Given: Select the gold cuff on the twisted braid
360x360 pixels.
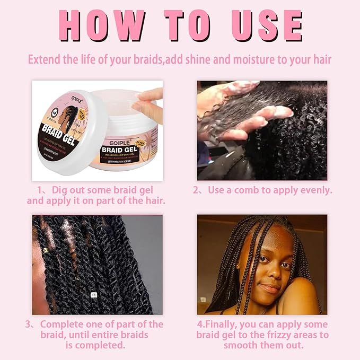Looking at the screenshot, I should (x=46, y=248).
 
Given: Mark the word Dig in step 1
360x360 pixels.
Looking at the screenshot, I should (x=55, y=190).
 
